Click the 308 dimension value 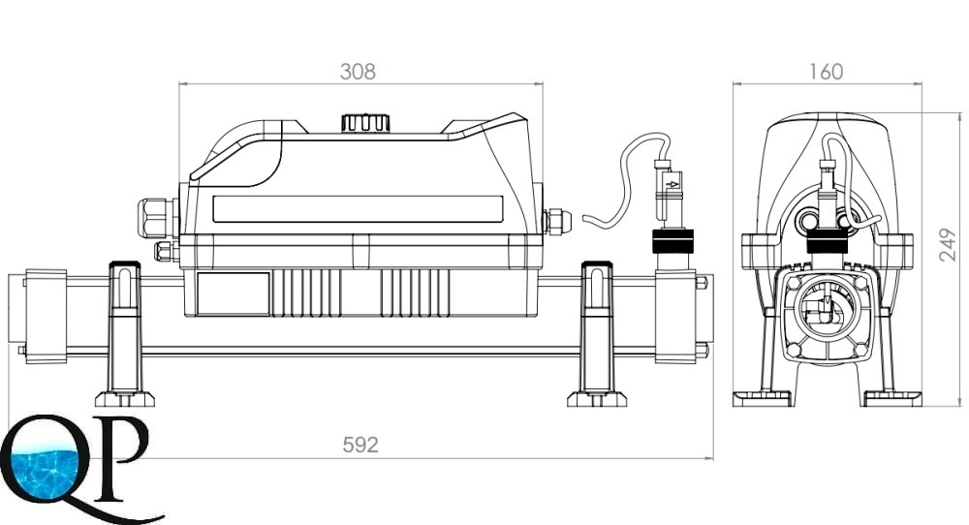click(358, 72)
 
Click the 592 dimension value click(360, 445)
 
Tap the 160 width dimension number click(826, 72)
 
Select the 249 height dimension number click(948, 245)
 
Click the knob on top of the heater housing click(366, 122)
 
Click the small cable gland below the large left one click(165, 252)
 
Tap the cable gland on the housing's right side click(556, 222)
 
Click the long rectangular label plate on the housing click(358, 209)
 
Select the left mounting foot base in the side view click(125, 399)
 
